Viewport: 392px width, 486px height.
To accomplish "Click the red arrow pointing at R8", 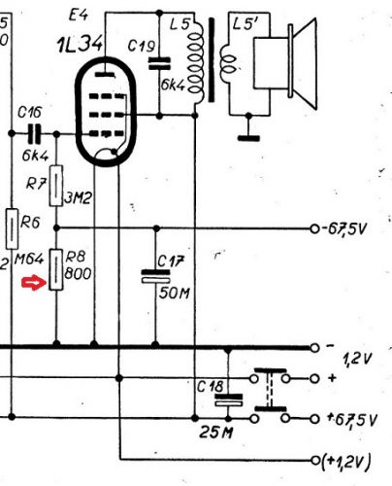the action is (x=34, y=284).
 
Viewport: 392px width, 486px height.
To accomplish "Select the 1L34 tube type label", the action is (x=81, y=45).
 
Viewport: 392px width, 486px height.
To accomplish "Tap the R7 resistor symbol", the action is (x=56, y=186).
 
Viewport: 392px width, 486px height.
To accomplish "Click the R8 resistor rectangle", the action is (x=56, y=269).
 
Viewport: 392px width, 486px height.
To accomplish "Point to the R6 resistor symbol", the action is (x=12, y=229).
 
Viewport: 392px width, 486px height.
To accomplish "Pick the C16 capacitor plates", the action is (x=34, y=133).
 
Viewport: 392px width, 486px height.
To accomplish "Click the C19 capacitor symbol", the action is (x=159, y=63).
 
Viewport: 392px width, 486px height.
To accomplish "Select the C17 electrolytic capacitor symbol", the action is (x=155, y=276).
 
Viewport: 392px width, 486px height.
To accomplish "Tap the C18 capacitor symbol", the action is (x=228, y=399).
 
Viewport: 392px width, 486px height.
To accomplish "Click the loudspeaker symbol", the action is (x=284, y=64).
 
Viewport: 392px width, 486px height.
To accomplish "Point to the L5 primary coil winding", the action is (x=196, y=62).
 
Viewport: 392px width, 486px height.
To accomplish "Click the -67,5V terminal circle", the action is (x=314, y=228).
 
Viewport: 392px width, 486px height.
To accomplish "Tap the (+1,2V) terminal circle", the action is (x=314, y=460).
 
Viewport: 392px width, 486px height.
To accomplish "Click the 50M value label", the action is (x=175, y=294).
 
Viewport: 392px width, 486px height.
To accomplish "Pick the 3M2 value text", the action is (x=78, y=198).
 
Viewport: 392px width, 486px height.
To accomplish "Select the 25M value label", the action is (x=215, y=433).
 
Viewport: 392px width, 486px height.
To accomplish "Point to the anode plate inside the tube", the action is (x=105, y=75).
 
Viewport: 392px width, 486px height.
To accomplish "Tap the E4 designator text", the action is (x=79, y=15).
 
